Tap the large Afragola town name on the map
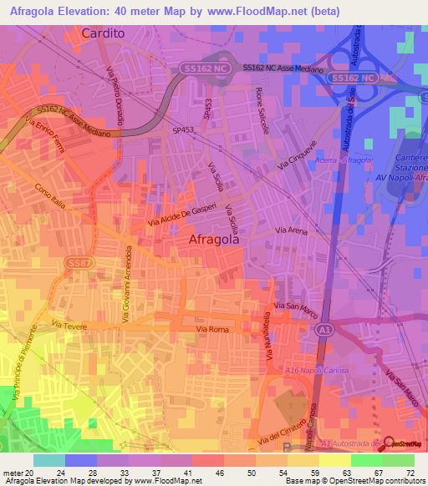click(214, 239)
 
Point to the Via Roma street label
click(211, 331)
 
